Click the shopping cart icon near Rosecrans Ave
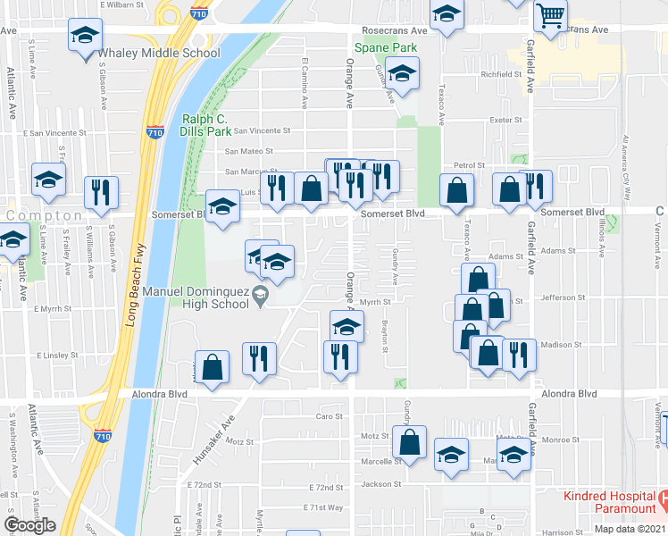551,16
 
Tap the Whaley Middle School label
159,53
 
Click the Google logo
30,525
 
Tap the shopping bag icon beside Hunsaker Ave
212,366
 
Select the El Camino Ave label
305,83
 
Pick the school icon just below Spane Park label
403,76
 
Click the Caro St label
330,416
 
